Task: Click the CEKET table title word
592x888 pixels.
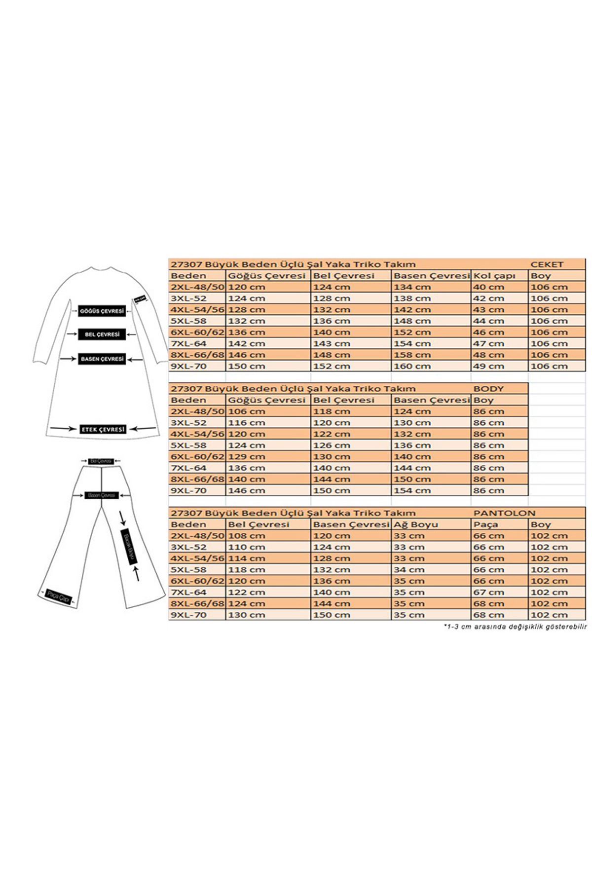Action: click(547, 264)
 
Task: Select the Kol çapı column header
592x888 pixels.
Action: click(494, 276)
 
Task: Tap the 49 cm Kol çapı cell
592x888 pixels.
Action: click(489, 366)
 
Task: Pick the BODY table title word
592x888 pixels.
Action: click(488, 389)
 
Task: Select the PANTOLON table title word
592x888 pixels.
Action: click(504, 513)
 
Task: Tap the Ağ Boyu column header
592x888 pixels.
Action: click(415, 524)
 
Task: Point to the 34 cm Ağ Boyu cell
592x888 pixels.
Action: click(409, 570)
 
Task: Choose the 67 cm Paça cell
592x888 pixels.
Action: click(489, 592)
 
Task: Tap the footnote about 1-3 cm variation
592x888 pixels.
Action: click(515, 627)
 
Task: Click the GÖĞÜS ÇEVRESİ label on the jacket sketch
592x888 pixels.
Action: click(102, 311)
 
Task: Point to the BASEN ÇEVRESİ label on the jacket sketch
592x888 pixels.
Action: click(102, 359)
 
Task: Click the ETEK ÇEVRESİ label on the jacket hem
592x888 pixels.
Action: click(103, 430)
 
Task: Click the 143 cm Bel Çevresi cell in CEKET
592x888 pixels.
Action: click(331, 343)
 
